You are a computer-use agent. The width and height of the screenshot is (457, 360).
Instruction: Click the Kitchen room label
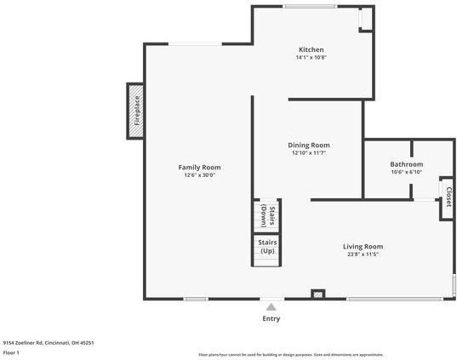pos(311,49)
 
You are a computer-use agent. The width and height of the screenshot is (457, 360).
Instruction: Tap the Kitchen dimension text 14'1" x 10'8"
pos(311,58)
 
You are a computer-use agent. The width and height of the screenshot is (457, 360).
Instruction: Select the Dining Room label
pos(309,145)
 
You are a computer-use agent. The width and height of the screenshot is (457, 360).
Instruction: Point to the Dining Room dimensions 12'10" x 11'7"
pos(309,153)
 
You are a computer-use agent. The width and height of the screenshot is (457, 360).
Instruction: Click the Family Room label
pos(199,167)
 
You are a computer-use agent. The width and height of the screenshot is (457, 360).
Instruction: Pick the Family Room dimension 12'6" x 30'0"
pos(199,175)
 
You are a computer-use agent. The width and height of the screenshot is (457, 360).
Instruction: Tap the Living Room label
pos(363,246)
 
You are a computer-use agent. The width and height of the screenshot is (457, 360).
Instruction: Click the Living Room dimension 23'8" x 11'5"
pos(363,254)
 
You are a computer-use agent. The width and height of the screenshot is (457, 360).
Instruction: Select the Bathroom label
pos(406,163)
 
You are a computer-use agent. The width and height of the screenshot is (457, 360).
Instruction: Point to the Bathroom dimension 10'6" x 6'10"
pos(406,172)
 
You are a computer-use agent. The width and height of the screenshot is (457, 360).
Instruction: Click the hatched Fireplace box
pos(135,110)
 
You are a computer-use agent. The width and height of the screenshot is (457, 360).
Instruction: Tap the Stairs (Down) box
pos(267,214)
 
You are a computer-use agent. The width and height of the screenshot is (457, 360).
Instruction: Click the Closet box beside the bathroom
pos(447,197)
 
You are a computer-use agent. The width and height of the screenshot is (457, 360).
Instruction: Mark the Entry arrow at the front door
pos(271,307)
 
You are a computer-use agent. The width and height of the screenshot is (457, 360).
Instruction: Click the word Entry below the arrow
pos(271,318)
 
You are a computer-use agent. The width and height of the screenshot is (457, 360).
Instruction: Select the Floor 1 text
pos(12,352)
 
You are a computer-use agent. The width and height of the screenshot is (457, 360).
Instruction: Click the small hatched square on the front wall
pos(318,294)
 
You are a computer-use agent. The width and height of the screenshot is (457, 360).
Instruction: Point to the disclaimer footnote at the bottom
pos(291,354)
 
